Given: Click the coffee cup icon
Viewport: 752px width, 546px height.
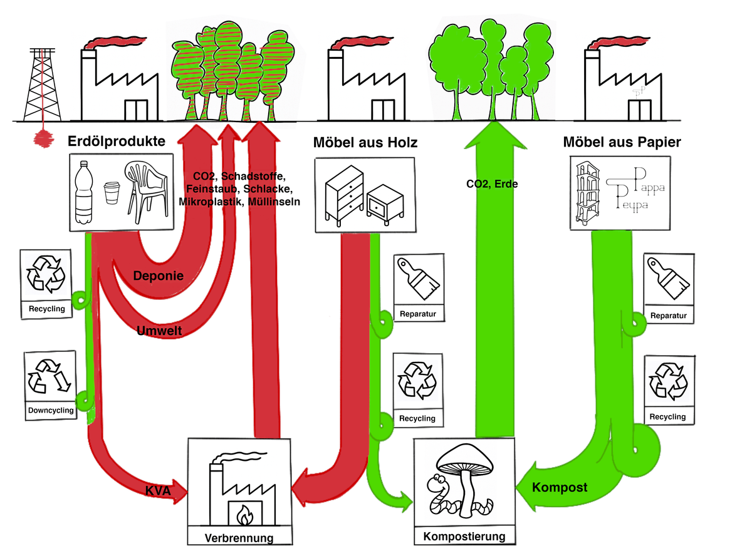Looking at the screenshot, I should [112, 193].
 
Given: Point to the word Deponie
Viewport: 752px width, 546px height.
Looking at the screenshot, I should [159, 276].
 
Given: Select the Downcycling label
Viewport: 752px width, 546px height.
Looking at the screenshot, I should [51, 411].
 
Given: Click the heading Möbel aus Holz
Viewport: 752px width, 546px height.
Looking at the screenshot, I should [365, 143].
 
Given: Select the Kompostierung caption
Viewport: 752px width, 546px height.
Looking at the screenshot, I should [464, 537].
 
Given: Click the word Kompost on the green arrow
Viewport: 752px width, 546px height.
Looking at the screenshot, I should [560, 487].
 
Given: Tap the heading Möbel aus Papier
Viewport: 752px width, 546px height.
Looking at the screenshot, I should [622, 142].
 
